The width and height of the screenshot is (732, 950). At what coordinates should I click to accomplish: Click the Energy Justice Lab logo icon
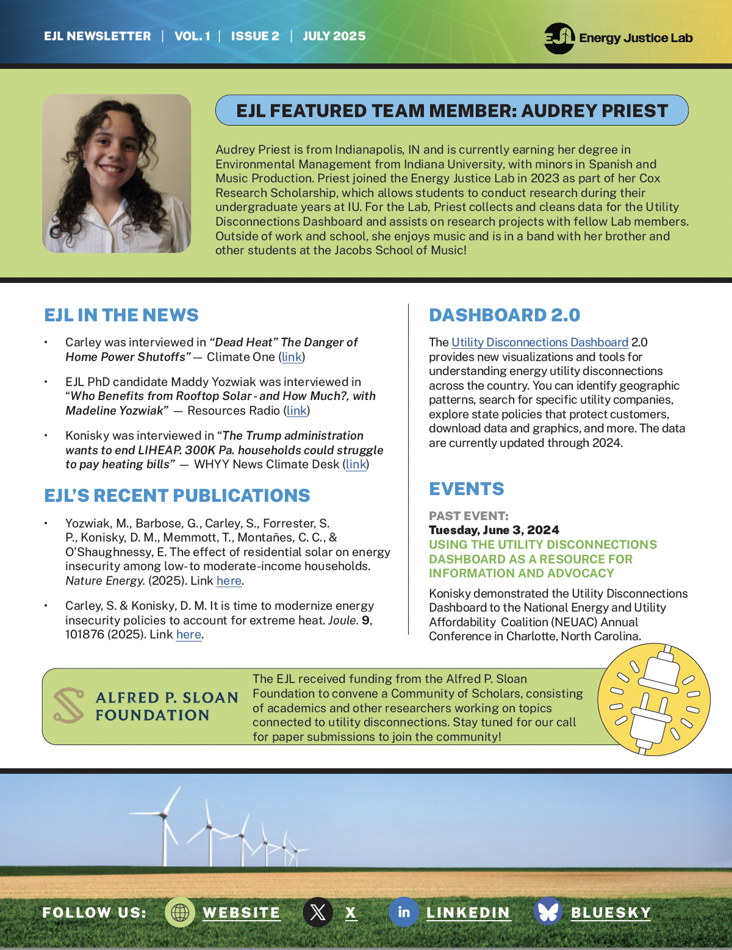click(559, 38)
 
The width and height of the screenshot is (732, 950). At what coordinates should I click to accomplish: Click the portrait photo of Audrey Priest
click(117, 173)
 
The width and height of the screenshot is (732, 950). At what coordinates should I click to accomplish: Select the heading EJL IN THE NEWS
click(121, 315)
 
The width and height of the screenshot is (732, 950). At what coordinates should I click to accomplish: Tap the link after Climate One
click(292, 357)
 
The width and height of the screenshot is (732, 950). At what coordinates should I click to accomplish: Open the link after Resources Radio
click(296, 410)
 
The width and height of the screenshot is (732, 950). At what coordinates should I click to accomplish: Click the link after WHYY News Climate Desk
click(356, 464)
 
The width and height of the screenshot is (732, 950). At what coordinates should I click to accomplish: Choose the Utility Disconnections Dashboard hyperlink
click(540, 342)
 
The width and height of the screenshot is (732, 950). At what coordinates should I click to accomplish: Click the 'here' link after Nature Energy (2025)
click(229, 580)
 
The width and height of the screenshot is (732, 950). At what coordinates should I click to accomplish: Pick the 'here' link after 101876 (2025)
click(188, 634)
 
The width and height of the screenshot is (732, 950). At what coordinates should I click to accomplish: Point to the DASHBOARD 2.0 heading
click(504, 315)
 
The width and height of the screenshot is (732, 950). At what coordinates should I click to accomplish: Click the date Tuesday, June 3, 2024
click(493, 530)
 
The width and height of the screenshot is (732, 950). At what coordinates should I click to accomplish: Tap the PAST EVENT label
click(468, 516)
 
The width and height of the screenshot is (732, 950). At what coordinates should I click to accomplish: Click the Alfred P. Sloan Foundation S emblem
click(68, 705)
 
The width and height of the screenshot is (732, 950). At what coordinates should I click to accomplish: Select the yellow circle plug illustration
click(653, 700)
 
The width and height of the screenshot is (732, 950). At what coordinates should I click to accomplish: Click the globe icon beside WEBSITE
click(180, 912)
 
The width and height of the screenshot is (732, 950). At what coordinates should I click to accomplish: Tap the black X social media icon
click(318, 912)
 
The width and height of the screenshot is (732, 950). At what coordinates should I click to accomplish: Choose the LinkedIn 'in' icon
click(404, 912)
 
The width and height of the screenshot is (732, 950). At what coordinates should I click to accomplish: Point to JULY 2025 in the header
click(334, 36)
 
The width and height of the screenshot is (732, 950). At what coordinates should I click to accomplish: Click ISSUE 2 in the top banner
click(255, 36)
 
